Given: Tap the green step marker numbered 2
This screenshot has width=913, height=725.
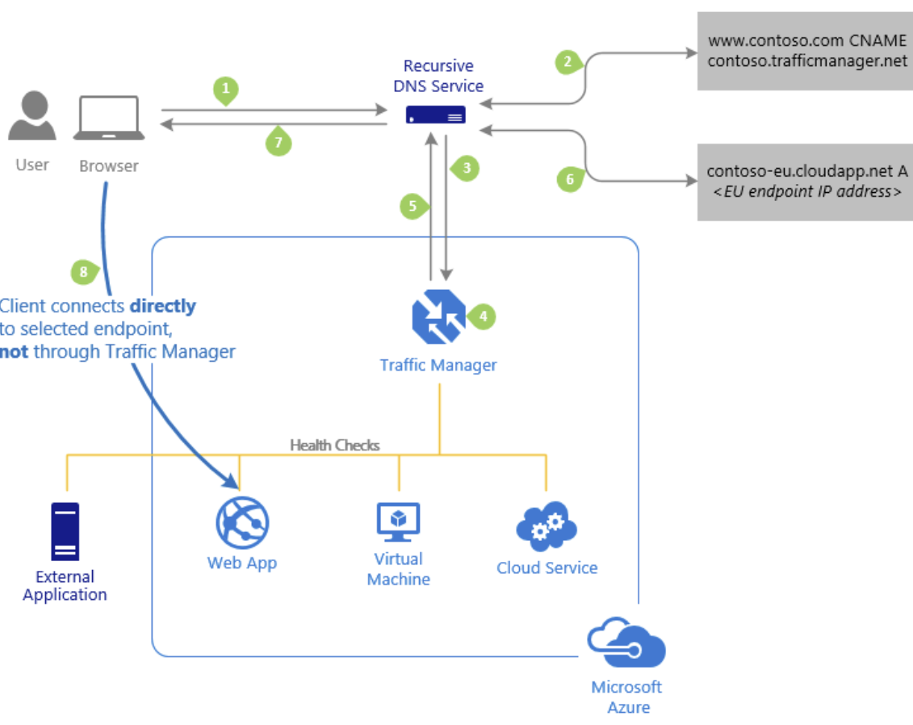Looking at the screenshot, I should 568,61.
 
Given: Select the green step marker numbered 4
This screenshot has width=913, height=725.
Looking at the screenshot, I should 483,316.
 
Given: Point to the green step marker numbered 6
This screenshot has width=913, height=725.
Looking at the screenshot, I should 569,179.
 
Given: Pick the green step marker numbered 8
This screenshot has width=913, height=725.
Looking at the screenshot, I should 84,271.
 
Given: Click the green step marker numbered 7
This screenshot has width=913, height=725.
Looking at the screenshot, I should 278,142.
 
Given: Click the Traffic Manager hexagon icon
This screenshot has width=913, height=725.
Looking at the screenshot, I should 438,316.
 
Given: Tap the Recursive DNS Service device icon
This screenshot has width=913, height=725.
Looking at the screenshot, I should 436,116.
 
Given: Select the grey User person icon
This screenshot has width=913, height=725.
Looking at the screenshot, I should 32,117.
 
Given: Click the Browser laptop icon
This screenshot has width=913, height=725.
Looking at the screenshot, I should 109,119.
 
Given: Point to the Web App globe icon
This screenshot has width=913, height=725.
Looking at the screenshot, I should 241,523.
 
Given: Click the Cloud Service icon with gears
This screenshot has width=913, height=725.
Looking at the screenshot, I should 547,526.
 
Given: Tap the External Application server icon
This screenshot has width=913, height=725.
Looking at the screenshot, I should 65,531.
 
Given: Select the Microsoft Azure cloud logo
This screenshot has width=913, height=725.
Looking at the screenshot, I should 627,642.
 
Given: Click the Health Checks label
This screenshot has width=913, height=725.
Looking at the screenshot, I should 334,445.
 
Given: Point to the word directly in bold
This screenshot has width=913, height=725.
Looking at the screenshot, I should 162,307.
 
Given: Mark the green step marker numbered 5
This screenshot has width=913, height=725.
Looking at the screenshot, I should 413,206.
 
